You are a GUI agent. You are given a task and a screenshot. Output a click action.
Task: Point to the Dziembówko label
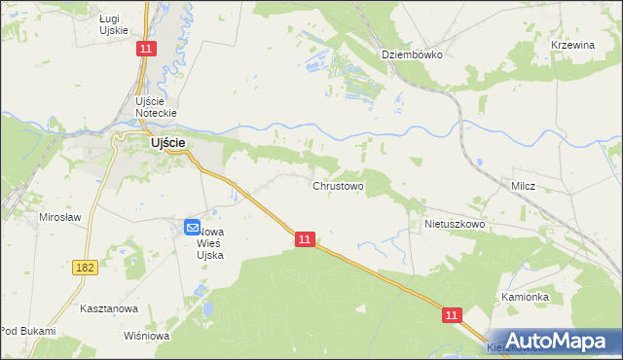click(x=412, y=55)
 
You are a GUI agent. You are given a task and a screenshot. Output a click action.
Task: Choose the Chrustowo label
click(x=338, y=185)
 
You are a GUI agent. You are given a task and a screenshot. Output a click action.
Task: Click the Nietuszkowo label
click(x=455, y=224)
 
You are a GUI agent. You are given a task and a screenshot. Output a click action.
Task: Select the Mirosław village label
click(x=59, y=217)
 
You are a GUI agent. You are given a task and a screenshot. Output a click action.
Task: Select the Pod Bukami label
click(x=27, y=331)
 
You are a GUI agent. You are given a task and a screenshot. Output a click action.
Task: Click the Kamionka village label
click(x=526, y=297)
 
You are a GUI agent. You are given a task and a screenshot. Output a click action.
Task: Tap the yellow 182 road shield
click(x=84, y=265)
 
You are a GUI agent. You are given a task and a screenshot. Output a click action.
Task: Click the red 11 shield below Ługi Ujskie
click(x=145, y=49)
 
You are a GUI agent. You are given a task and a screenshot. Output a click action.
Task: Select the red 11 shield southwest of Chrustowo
click(x=305, y=239)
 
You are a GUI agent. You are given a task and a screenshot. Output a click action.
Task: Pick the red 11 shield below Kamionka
click(x=452, y=315)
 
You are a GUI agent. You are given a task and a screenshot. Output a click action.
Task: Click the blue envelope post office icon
click(x=192, y=228)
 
